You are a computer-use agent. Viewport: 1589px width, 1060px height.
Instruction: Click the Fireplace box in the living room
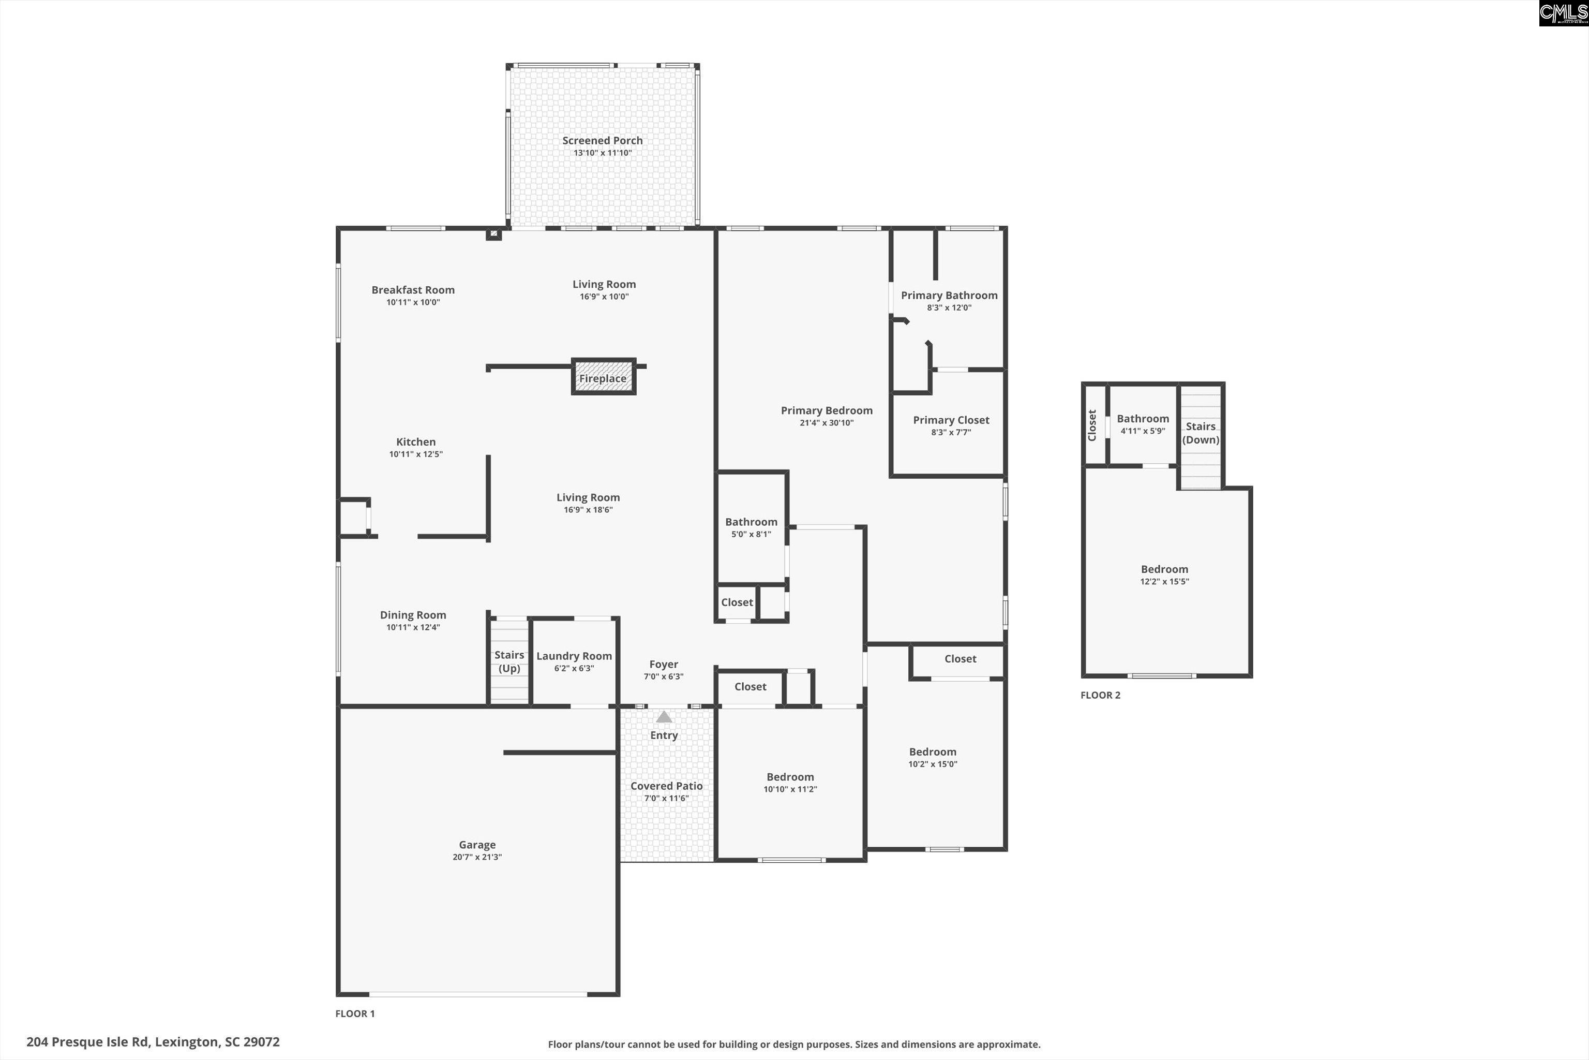(x=603, y=377)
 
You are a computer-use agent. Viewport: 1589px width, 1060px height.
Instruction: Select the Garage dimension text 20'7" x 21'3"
(x=477, y=857)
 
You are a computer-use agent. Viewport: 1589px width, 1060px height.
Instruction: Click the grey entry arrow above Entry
(x=664, y=716)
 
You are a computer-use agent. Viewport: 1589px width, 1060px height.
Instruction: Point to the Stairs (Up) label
(x=509, y=661)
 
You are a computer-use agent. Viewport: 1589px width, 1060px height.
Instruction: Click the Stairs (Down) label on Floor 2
(x=1201, y=433)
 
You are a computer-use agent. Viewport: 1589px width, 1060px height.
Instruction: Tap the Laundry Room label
(x=574, y=656)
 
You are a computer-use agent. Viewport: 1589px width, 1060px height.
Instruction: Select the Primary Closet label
(x=951, y=420)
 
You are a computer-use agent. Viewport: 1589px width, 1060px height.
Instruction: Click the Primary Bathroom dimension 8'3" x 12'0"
(x=949, y=307)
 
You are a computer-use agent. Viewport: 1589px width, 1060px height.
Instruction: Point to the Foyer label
(x=664, y=665)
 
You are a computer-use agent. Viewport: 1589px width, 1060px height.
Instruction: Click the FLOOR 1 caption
(x=355, y=1013)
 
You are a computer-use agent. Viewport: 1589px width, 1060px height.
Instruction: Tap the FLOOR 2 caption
(x=1100, y=695)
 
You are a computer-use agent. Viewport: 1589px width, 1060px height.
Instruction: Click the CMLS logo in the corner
(x=1563, y=13)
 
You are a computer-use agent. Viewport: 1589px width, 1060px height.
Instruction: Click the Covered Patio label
(x=666, y=786)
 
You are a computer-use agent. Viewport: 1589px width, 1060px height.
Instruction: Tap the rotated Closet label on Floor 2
(x=1092, y=425)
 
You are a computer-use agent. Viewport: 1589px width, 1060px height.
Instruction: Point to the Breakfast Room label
(x=413, y=290)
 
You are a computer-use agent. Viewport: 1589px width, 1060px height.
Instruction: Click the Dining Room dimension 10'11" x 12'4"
(x=413, y=627)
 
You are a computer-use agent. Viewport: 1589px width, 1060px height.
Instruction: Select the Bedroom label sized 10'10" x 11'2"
(x=790, y=777)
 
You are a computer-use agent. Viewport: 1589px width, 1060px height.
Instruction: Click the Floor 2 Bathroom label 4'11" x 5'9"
(x=1143, y=418)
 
